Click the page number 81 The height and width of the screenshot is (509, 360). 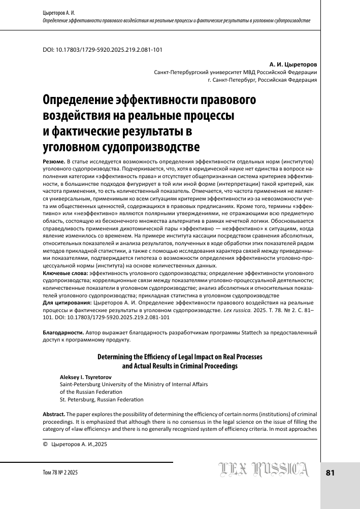330,473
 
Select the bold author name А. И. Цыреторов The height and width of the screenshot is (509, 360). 293,65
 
